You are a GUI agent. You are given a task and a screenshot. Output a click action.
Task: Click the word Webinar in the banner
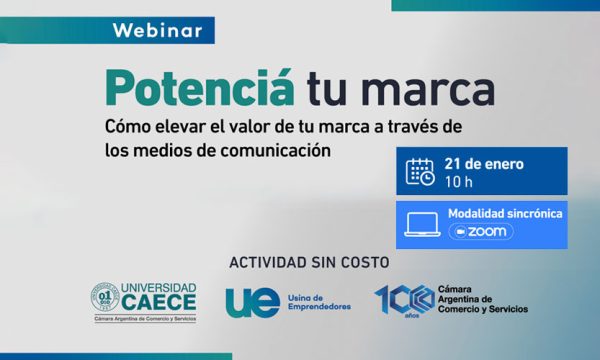click(x=158, y=31)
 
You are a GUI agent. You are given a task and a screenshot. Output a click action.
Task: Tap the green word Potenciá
click(x=200, y=88)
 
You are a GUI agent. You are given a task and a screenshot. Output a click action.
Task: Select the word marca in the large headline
click(x=428, y=91)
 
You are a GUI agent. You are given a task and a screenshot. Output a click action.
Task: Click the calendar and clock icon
click(x=420, y=171)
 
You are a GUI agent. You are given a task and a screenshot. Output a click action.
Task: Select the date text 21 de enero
click(x=484, y=164)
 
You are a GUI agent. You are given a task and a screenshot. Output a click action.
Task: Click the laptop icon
click(x=422, y=225)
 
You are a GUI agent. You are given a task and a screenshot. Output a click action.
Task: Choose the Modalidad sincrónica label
click(x=505, y=213)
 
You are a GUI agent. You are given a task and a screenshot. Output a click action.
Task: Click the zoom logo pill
click(x=481, y=231)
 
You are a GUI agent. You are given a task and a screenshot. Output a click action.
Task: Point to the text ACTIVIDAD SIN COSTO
click(x=309, y=263)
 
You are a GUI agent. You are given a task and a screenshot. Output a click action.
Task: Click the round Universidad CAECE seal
click(x=105, y=297)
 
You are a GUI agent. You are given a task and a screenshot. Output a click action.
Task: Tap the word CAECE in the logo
click(x=159, y=303)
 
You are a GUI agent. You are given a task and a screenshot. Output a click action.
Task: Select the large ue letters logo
click(x=253, y=303)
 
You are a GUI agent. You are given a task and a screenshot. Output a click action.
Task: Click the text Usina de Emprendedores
click(x=319, y=302)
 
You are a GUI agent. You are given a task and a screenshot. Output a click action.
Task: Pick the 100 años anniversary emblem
click(x=405, y=301)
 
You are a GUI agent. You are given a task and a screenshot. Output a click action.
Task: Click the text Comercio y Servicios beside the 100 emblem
click(x=483, y=309)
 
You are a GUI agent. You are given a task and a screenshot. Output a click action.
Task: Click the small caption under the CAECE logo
click(x=145, y=319)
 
